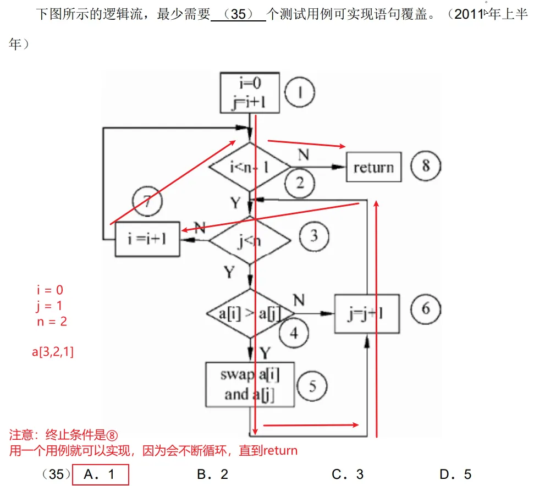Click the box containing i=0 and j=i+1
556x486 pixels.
(251, 93)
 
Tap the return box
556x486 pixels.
(373, 167)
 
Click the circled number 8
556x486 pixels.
(425, 165)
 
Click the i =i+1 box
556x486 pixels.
(147, 241)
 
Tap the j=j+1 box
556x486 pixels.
(367, 313)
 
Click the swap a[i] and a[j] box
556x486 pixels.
(250, 384)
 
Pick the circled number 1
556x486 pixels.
(300, 92)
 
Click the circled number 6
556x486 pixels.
(425, 308)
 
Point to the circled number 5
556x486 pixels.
(312, 386)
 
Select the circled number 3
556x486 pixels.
(313, 236)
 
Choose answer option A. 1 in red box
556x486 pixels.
(100, 474)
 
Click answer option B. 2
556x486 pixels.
(212, 474)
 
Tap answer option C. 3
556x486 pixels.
(348, 474)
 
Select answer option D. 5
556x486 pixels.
(455, 474)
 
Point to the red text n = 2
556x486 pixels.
(52, 322)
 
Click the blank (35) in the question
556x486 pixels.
(238, 15)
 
